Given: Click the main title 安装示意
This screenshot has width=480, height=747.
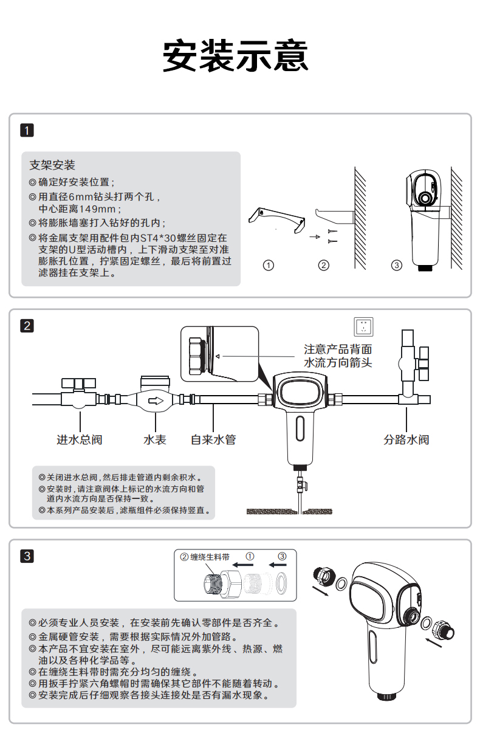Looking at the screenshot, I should coord(236,56).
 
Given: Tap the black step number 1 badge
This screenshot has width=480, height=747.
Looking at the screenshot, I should coord(27,130).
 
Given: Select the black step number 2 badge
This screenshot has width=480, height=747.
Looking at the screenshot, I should coord(27,326).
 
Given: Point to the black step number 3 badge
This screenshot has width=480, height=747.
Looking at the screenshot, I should coord(27,556).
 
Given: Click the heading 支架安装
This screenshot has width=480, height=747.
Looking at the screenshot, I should coord(52,165).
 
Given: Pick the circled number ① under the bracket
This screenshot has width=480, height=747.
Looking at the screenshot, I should coord(268,266).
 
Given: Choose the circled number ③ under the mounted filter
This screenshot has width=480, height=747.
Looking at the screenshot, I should coord(397,266).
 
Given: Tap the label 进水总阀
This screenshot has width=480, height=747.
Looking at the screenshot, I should coord(80,439).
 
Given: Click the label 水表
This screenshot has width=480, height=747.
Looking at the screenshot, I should coord(155,439).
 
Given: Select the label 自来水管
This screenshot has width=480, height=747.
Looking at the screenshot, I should coord(213,439).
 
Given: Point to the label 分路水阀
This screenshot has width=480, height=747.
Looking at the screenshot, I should coord(406,439).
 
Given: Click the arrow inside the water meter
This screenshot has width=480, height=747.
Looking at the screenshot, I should coord(156,401).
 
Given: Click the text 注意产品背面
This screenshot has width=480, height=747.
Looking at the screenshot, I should coord(338,349).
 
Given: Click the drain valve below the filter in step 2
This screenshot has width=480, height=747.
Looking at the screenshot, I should coord(300,485).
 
